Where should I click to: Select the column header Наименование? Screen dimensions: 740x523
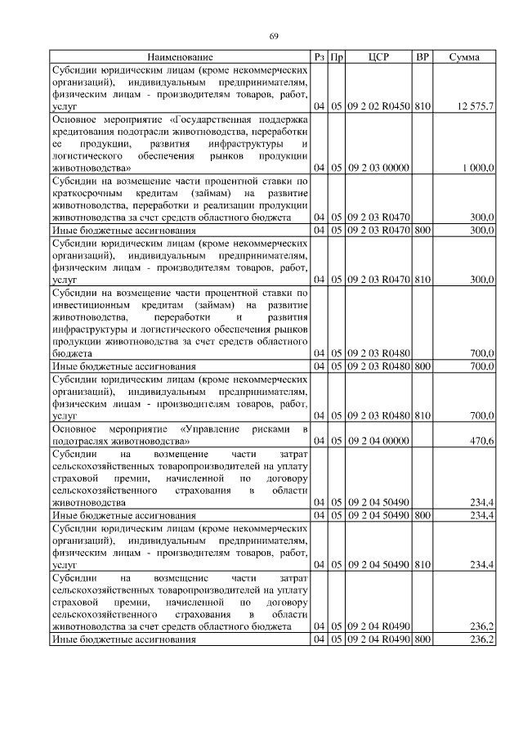coord(181,57)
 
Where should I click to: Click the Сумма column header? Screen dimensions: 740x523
coord(464,57)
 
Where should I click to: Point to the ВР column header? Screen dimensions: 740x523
coord(422,57)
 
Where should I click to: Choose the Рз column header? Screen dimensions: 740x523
coord(320,57)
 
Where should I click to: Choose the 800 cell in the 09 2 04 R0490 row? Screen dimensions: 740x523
coord(422,639)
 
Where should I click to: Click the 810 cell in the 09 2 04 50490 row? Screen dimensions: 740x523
coord(422,564)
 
